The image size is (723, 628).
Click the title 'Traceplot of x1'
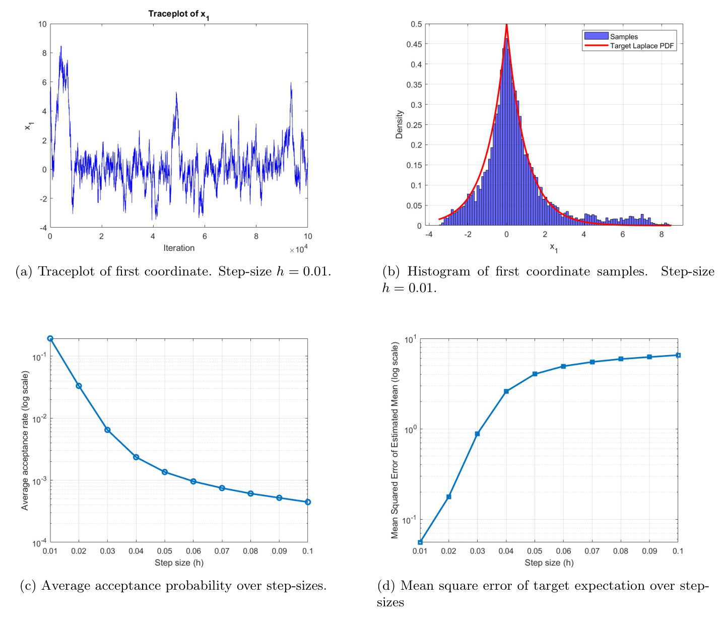click(x=178, y=14)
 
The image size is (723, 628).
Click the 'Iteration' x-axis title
click(x=179, y=248)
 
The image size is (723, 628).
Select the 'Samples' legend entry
click(x=624, y=36)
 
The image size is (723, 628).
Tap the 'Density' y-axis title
click(x=400, y=124)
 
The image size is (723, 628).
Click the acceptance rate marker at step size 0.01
click(x=50, y=338)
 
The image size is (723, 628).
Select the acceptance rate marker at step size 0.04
click(x=136, y=457)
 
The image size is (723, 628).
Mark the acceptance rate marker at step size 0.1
click(x=308, y=502)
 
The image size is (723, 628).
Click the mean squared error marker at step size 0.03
click(x=477, y=434)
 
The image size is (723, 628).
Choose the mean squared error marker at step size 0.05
click(x=535, y=374)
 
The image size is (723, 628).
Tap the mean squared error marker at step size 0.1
click(x=678, y=355)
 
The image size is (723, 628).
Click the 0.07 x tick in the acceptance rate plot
click(x=222, y=551)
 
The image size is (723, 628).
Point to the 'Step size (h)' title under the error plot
click(x=549, y=563)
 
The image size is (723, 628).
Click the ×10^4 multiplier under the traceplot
click(x=298, y=249)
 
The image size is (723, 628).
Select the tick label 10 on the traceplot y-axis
click(x=42, y=24)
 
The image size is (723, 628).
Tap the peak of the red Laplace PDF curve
click(x=506, y=25)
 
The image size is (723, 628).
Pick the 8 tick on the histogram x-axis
click(x=662, y=234)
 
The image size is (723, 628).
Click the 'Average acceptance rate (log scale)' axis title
click(x=25, y=441)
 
